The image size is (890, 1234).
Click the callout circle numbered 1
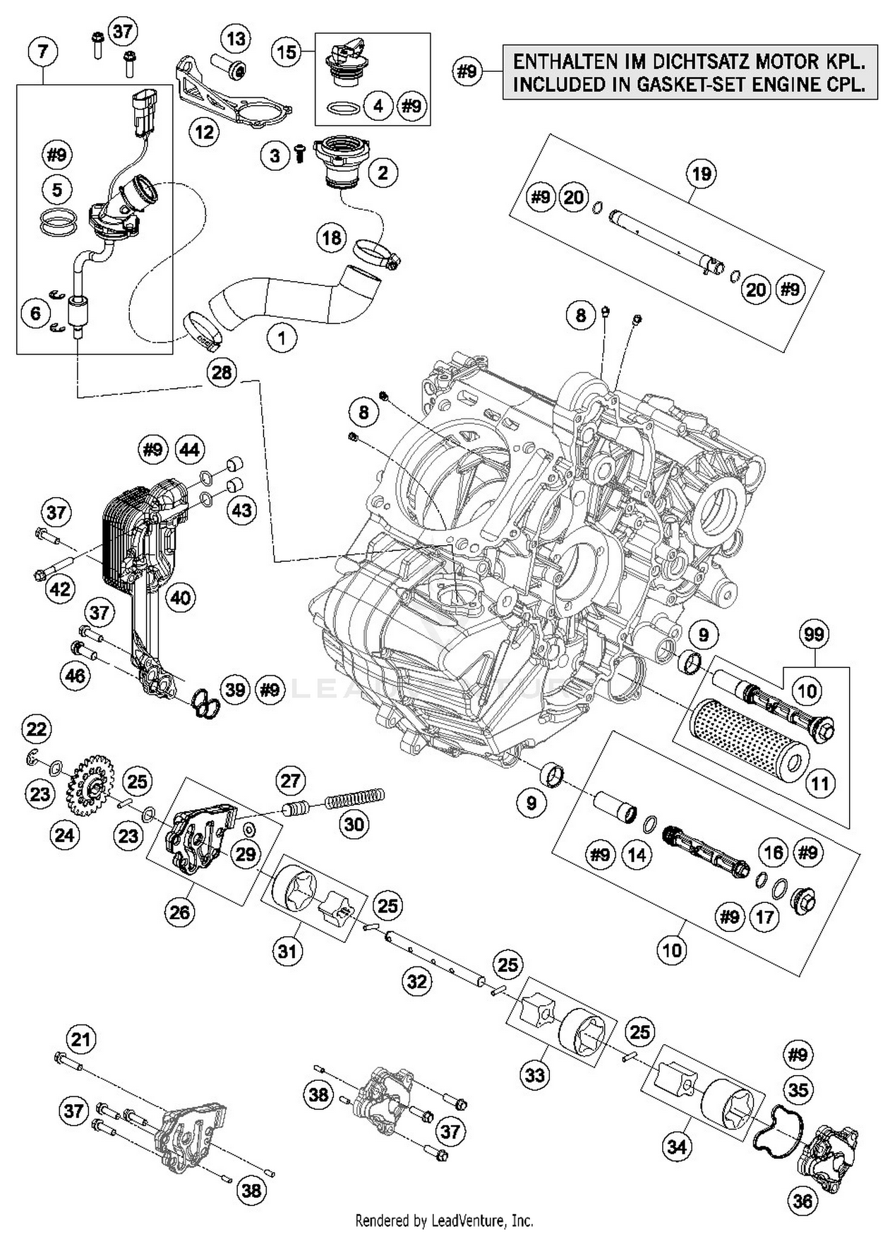click(281, 338)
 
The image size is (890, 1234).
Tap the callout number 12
click(204, 132)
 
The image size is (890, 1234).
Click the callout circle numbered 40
click(180, 597)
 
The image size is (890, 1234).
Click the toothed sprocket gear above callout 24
click(93, 784)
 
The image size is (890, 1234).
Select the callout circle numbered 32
click(417, 981)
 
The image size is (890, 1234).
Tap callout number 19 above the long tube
click(701, 174)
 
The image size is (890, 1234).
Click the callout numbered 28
click(222, 373)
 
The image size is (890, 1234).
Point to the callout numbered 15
click(286, 52)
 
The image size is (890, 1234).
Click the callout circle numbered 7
click(42, 52)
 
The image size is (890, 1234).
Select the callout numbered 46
click(75, 676)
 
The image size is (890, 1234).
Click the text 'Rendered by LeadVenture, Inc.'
click(444, 1221)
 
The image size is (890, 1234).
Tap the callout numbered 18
click(332, 238)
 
